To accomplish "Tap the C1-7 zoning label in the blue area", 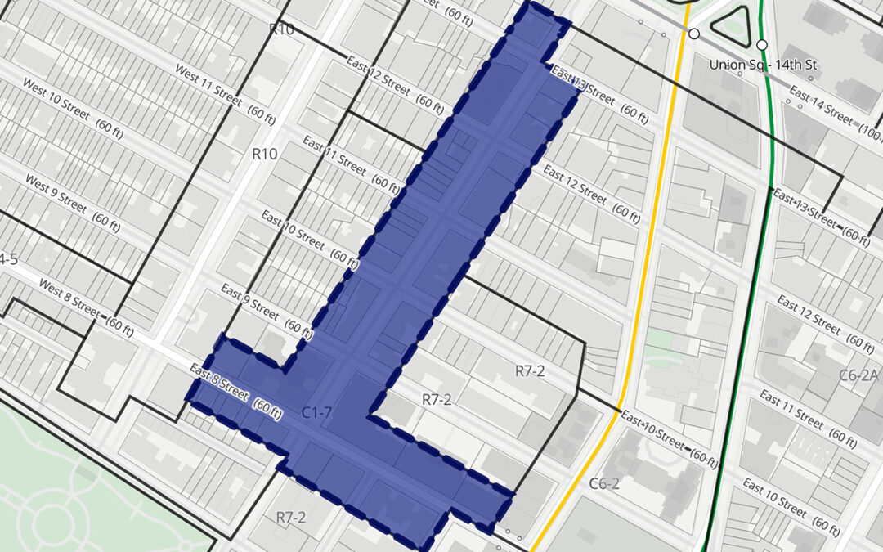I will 316,412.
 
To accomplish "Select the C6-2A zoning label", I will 858,375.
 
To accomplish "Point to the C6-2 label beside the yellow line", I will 604,483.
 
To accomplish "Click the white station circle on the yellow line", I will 693,34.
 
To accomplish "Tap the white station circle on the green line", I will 762,44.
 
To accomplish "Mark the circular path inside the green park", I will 49,523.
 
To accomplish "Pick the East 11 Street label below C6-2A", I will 791,409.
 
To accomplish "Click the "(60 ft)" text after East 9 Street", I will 298,329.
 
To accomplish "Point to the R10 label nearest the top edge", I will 280,29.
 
